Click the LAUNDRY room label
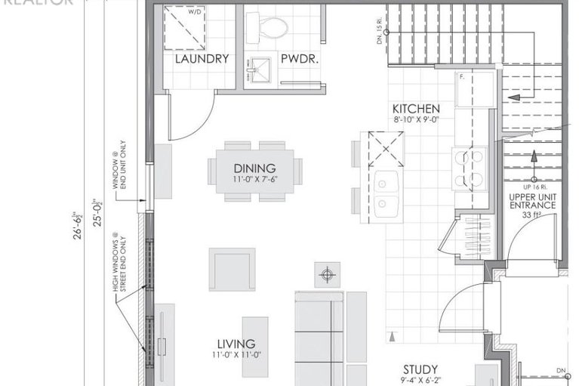(202, 59)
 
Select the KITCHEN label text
(416, 108)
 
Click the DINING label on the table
(254, 168)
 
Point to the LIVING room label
(236, 344)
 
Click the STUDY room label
(420, 369)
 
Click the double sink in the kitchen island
(387, 193)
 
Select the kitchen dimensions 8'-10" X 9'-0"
(416, 119)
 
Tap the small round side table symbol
(327, 274)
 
